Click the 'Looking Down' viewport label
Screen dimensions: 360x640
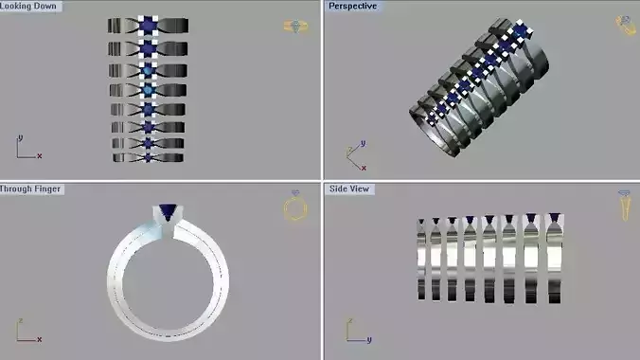[x=30, y=7]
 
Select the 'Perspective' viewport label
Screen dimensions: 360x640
[x=353, y=7]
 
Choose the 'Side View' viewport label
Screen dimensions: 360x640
[x=349, y=189]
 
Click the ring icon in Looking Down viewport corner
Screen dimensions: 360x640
[x=295, y=27]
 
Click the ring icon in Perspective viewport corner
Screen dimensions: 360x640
[x=626, y=26]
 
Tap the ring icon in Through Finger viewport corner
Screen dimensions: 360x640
[x=296, y=207]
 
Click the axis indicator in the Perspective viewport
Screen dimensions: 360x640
[x=353, y=154]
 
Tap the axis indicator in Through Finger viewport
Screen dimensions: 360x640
[x=26, y=332]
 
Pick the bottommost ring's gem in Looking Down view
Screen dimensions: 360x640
[x=148, y=157]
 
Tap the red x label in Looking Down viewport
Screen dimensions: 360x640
[x=40, y=155]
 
